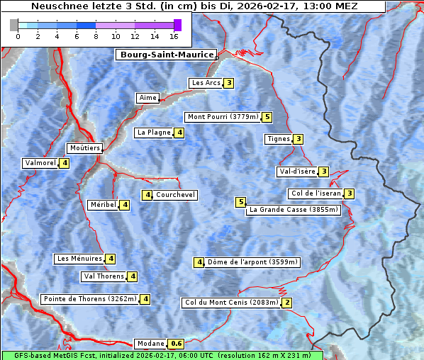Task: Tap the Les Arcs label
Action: (206, 83)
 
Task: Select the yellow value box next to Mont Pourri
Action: (267, 117)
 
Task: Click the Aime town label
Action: (148, 98)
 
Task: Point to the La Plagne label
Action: (154, 133)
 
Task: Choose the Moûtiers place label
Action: (84, 148)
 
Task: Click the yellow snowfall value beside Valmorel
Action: (65, 163)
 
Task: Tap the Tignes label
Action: (278, 139)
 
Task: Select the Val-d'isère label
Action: (296, 171)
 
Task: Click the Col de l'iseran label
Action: (316, 193)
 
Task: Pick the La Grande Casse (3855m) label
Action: (294, 210)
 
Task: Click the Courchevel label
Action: (175, 195)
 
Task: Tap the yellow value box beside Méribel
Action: (125, 205)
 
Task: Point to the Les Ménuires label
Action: (79, 259)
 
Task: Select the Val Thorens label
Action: (104, 276)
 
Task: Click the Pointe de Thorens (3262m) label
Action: (89, 299)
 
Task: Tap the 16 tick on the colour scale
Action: (174, 35)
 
